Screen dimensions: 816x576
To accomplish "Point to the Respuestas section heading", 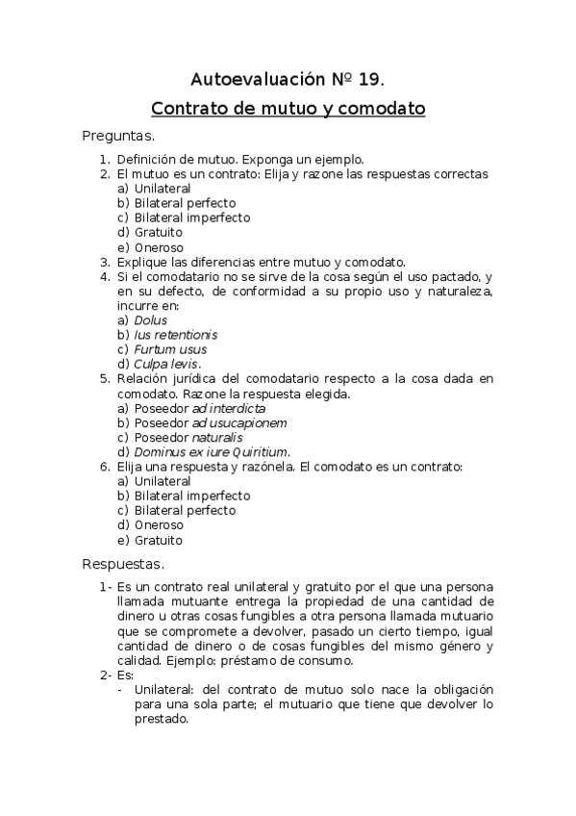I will [x=124, y=564].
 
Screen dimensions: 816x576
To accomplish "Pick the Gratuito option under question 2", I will [x=159, y=232].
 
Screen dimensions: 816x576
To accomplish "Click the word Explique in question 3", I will [x=142, y=261].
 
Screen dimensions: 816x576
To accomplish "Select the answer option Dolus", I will [x=151, y=319].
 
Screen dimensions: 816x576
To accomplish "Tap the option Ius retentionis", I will [x=176, y=334].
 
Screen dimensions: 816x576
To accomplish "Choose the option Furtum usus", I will [x=170, y=349].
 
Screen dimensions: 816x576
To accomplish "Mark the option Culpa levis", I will [x=167, y=364].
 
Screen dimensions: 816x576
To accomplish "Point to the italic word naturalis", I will [x=216, y=437].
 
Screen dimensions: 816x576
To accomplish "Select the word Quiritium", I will [x=257, y=451].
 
